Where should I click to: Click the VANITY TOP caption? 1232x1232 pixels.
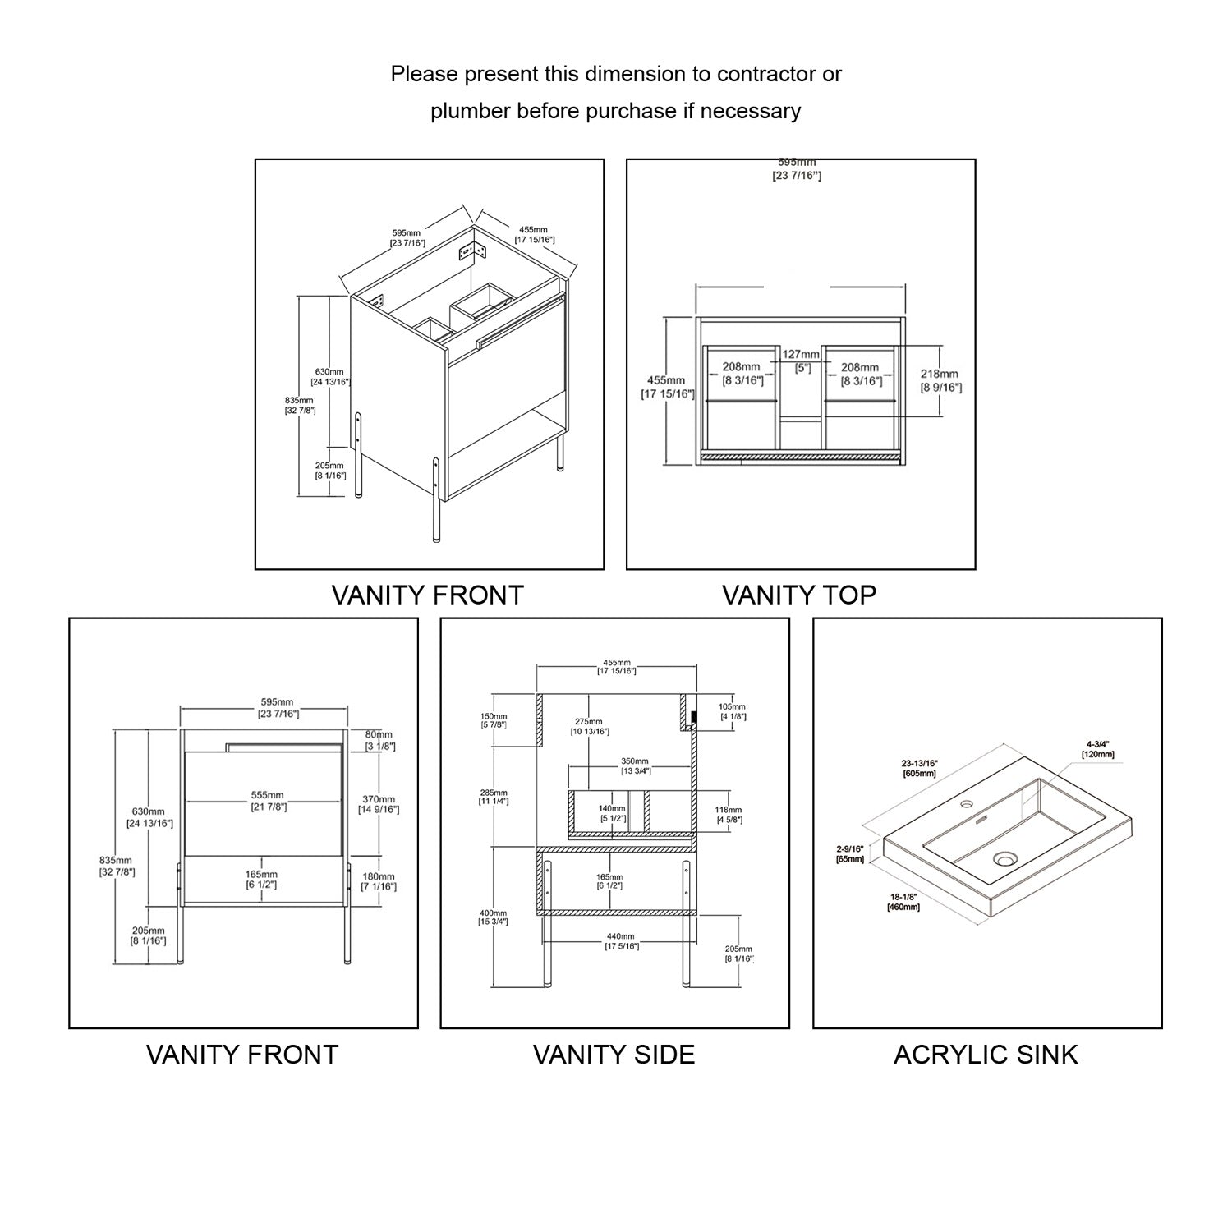click(798, 595)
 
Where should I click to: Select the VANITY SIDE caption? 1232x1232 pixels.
click(614, 1055)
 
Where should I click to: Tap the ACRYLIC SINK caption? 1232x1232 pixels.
click(986, 1055)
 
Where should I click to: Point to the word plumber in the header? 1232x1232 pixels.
click(471, 111)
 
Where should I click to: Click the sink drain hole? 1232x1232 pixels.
click(1004, 859)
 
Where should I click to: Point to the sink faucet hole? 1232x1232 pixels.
click(967, 802)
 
